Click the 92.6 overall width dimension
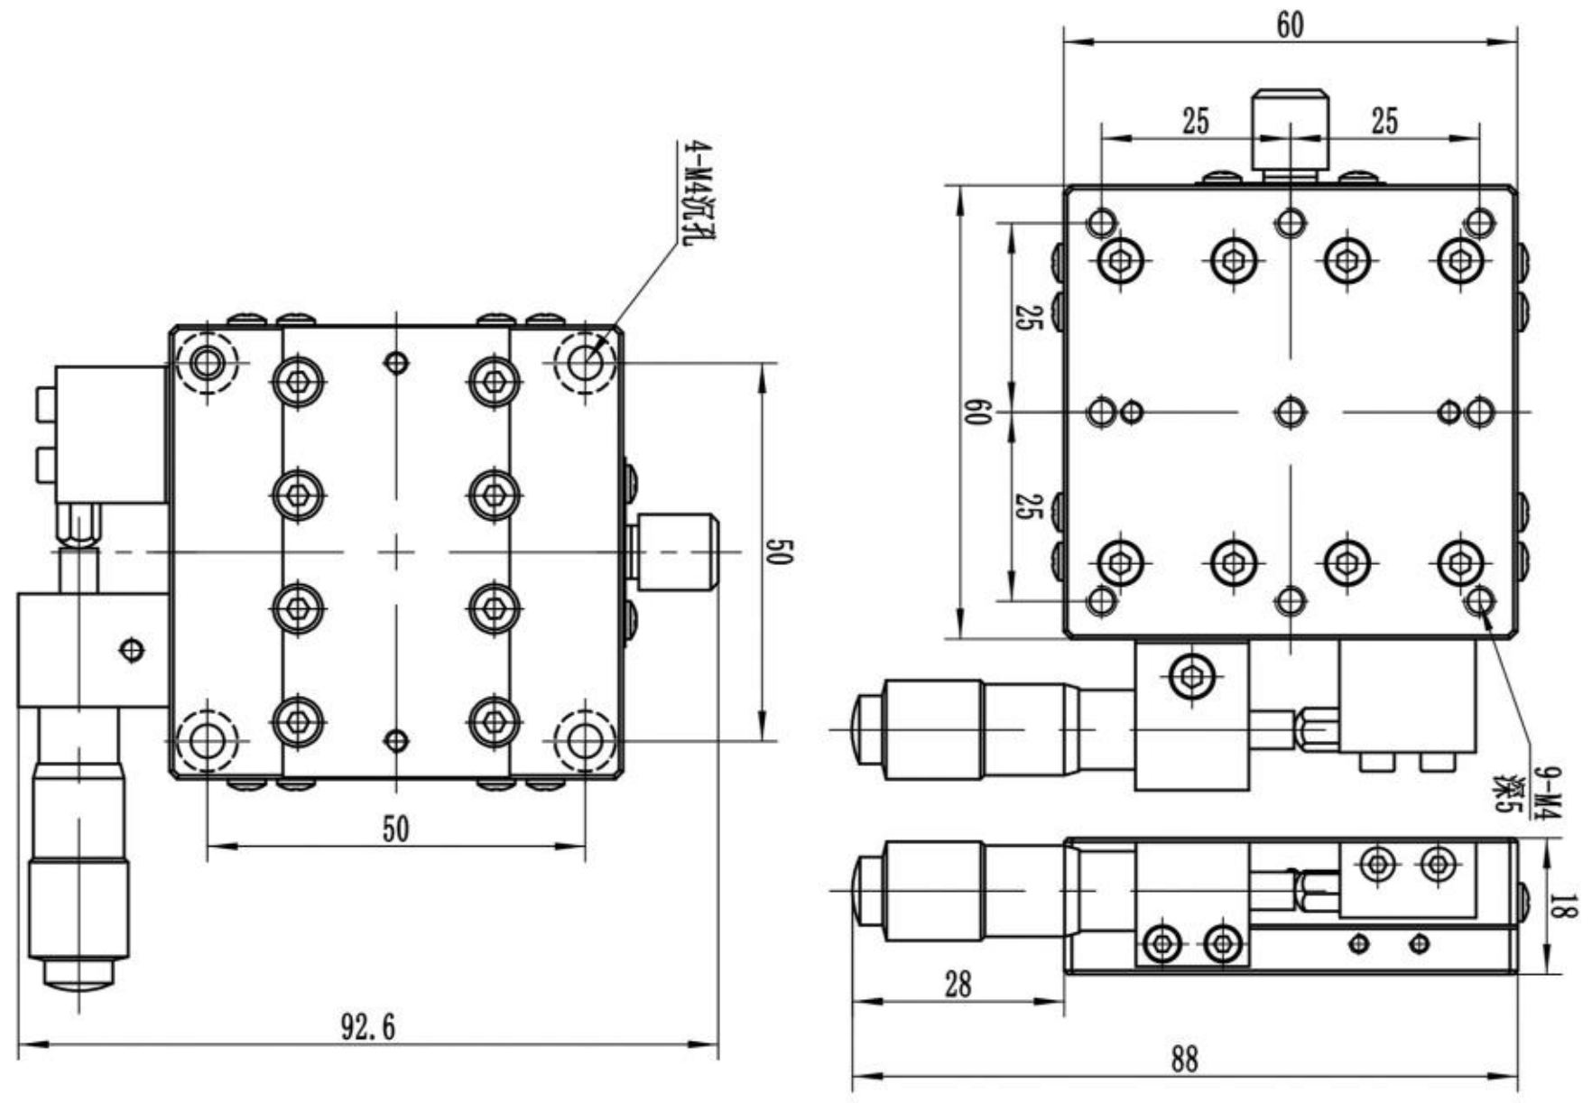pos(367,1027)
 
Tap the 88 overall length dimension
pos(1185,1059)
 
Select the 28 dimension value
pos(958,984)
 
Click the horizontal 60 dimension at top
pos(1290,25)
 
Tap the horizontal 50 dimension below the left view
pos(395,829)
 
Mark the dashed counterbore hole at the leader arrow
pos(586,364)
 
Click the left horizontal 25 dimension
pos(1195,122)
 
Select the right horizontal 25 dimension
pos(1384,122)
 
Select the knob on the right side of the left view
pos(676,551)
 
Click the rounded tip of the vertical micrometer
pos(79,974)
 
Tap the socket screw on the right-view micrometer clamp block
pos(1191,674)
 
